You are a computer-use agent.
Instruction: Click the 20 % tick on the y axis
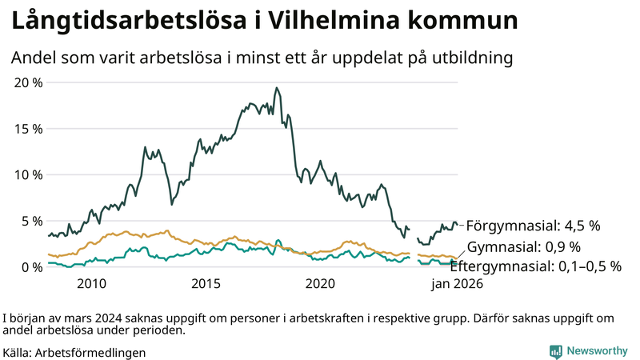(x=29, y=82)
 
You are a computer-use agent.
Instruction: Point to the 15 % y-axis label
(x=29, y=129)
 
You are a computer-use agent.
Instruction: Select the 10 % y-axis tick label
(x=29, y=174)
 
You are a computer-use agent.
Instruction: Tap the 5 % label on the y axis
(x=32, y=221)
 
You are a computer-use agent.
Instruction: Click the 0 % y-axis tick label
(x=32, y=266)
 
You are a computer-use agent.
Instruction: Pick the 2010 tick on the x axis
(x=91, y=283)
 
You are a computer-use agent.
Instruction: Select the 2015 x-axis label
(x=206, y=283)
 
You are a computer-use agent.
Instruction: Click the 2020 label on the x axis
(x=320, y=283)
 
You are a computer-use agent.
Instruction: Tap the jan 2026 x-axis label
(x=458, y=283)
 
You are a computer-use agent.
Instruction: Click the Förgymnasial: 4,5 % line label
(x=533, y=226)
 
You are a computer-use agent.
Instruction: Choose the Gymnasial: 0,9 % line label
(x=524, y=246)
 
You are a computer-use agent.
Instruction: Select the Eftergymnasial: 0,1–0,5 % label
(x=535, y=266)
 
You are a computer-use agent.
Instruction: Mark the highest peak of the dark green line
(x=276, y=88)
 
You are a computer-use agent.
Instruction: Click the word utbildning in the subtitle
(x=467, y=58)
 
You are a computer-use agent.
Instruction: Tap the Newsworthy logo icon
(x=555, y=351)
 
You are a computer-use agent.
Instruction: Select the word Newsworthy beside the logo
(x=597, y=351)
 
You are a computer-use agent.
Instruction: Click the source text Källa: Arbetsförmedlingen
(x=74, y=352)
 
